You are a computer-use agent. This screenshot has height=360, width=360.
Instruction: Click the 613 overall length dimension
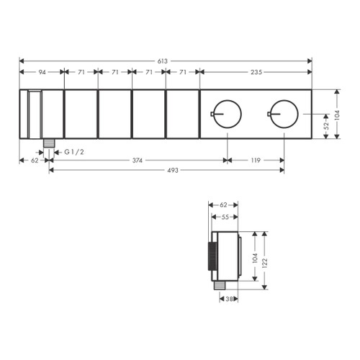(x=166, y=61)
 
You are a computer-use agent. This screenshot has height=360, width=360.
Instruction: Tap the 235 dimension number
(x=256, y=73)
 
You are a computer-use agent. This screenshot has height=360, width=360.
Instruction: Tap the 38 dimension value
(x=228, y=299)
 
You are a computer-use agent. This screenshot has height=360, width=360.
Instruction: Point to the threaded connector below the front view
(x=49, y=143)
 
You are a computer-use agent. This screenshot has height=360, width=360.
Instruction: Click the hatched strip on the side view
(x=212, y=257)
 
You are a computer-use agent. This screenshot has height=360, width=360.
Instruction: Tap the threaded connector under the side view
(x=218, y=286)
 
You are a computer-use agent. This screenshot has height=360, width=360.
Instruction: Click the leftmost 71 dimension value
(x=81, y=73)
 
